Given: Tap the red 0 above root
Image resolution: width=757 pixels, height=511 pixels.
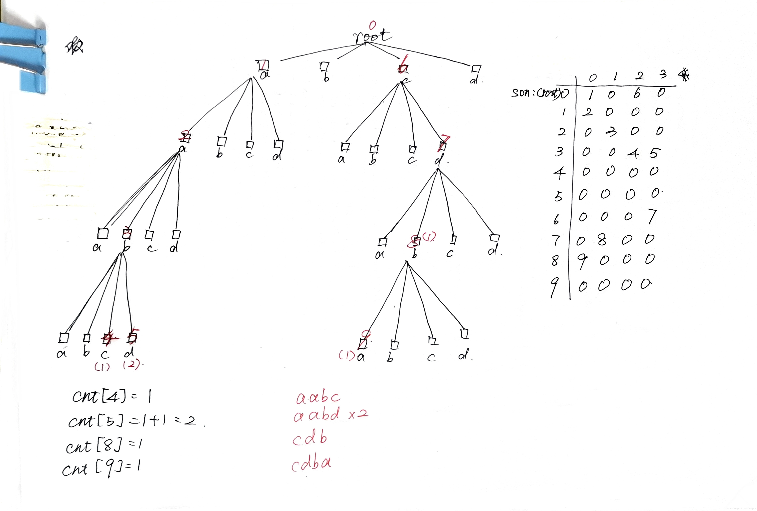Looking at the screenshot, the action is tap(372, 25).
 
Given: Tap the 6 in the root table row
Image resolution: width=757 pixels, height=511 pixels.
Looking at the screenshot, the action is tap(637, 93).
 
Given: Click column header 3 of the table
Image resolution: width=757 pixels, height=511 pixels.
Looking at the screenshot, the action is tap(663, 75).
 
